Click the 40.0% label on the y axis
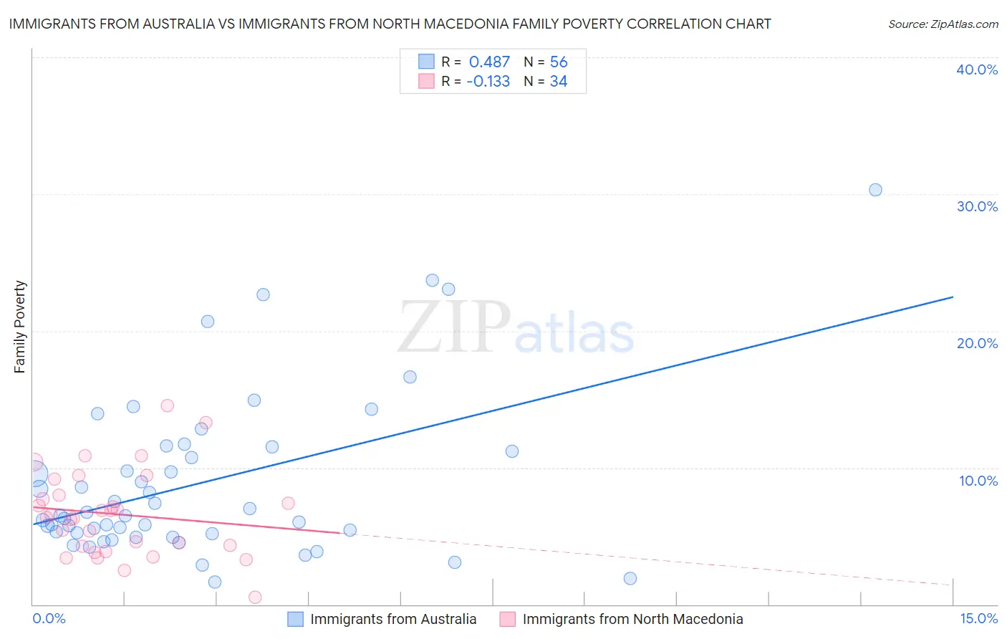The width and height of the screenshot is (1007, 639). coord(977,69)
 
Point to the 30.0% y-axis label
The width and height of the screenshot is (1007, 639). coord(977,206)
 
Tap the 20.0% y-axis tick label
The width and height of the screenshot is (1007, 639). coord(977,343)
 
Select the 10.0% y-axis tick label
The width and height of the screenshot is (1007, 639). coord(978,481)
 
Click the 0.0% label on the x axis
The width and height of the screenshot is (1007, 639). coord(49,618)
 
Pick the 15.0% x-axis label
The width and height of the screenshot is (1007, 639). coord(978,618)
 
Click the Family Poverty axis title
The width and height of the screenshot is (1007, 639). coord(20,327)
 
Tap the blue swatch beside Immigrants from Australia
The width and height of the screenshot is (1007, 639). coord(295,619)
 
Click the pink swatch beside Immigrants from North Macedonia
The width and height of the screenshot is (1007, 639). coord(507,619)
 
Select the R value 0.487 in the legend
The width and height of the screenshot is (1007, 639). coord(489,62)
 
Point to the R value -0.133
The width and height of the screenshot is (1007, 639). coord(488,82)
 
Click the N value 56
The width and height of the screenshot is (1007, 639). coord(559,62)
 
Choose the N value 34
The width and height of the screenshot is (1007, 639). coord(559,82)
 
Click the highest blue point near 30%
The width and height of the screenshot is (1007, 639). coord(875,190)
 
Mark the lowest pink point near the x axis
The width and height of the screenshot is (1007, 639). coord(255,597)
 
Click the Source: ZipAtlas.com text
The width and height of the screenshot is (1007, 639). coord(943,24)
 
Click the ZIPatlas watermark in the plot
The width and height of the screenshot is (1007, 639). coord(516,328)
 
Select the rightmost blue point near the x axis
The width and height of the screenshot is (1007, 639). coord(630,578)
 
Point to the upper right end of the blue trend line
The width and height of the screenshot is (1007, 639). coord(953,297)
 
